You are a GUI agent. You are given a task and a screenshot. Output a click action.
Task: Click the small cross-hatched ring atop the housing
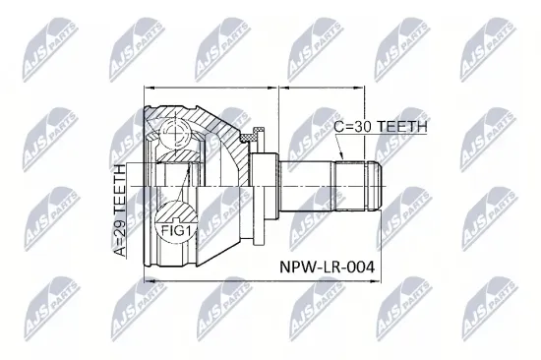point(259,133)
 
